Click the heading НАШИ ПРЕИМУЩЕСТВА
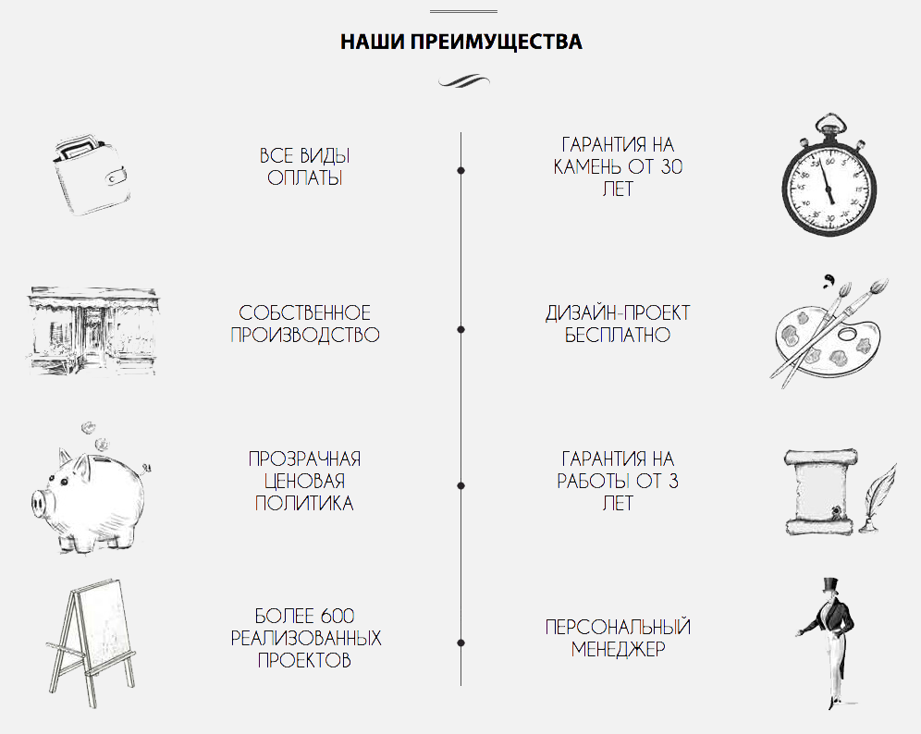coord(461,42)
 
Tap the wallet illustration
coord(92,177)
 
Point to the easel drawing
coord(91,643)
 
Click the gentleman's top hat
coord(829,587)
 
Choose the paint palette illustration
coord(829,333)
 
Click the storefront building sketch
coord(92,331)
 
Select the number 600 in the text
coord(338,616)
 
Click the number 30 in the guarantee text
coord(671,166)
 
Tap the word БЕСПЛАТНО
coord(618,335)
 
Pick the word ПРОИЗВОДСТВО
coord(305,335)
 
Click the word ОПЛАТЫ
coord(305,177)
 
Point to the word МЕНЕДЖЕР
coord(618,650)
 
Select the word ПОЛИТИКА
coord(304,503)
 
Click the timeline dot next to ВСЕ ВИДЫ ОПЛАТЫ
coord(461,170)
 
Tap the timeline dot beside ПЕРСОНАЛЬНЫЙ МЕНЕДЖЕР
coord(461,643)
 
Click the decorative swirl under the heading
coord(464,81)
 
